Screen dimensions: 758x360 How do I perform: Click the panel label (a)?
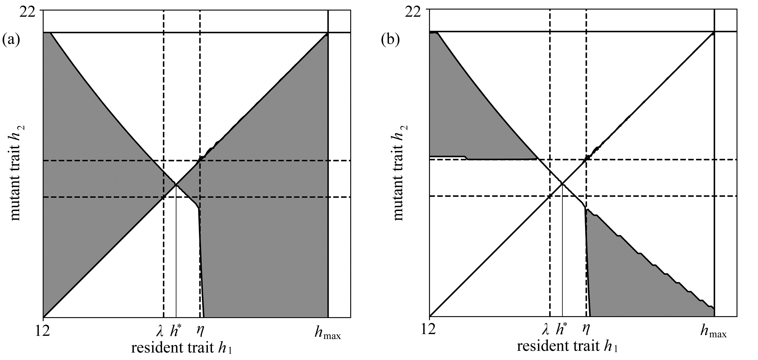coord(11,39)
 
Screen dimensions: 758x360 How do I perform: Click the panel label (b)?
coord(390,39)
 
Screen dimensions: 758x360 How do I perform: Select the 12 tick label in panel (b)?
coord(428,330)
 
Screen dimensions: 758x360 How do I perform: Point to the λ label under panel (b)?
coord(545,331)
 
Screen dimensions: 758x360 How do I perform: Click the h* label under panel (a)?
coord(176,331)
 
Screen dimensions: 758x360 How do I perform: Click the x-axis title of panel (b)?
coord(567,346)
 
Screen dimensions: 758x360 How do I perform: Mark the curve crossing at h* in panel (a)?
coord(176,184)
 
